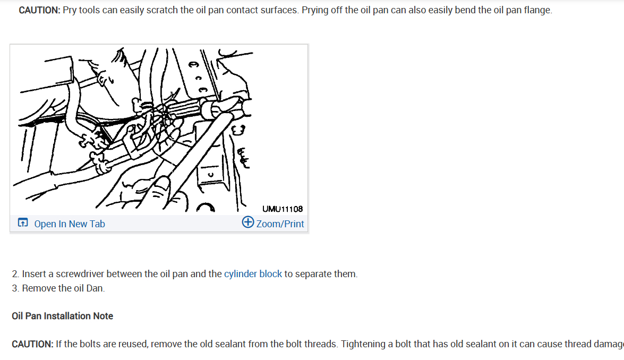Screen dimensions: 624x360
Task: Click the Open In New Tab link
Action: pyautogui.click(x=70, y=224)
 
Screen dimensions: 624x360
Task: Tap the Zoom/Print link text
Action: pyautogui.click(x=280, y=224)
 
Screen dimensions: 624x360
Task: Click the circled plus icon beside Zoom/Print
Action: pyautogui.click(x=247, y=222)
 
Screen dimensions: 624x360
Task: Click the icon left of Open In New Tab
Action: pyautogui.click(x=23, y=223)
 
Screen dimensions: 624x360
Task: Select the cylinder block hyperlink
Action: pyautogui.click(x=253, y=274)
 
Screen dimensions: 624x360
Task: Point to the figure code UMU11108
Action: pyautogui.click(x=283, y=209)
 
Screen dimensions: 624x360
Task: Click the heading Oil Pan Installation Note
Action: pyautogui.click(x=62, y=316)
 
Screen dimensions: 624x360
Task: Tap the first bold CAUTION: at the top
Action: pyautogui.click(x=39, y=11)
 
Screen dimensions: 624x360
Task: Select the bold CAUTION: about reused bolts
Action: pyautogui.click(x=32, y=344)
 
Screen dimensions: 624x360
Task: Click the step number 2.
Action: pyautogui.click(x=15, y=274)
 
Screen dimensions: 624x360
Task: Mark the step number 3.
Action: pyautogui.click(x=15, y=288)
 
